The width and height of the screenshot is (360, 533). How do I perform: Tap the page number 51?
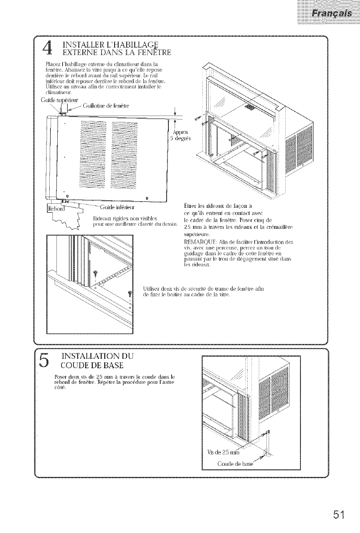(338, 512)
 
